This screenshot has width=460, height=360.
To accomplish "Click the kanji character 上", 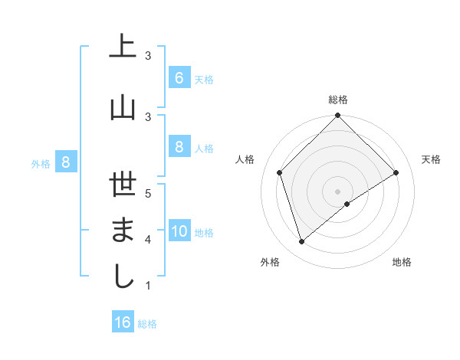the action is pyautogui.click(x=123, y=47).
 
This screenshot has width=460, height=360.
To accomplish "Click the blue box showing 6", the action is pyautogui.click(x=179, y=77).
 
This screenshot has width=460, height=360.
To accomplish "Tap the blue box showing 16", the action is pyautogui.click(x=122, y=322).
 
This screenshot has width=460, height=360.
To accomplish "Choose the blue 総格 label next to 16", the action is pyautogui.click(x=147, y=324).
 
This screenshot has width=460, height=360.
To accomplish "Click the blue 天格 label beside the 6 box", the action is pyautogui.click(x=204, y=79).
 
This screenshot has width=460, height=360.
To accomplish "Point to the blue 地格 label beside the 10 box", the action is pyautogui.click(x=205, y=233).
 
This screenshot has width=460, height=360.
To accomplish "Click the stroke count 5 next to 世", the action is pyautogui.click(x=148, y=193).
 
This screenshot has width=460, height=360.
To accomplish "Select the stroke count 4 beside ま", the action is pyautogui.click(x=148, y=239).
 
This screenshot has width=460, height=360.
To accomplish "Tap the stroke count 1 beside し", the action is pyautogui.click(x=148, y=285).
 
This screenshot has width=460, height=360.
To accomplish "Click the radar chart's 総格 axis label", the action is pyautogui.click(x=337, y=100).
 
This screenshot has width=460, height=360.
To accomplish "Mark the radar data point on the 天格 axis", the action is pyautogui.click(x=396, y=172).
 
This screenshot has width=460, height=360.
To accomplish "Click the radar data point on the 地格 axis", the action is pyautogui.click(x=347, y=204).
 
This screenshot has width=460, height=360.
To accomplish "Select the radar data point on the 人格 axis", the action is pyautogui.click(x=280, y=172).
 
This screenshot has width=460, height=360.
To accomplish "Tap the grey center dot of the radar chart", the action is pyautogui.click(x=337, y=191).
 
